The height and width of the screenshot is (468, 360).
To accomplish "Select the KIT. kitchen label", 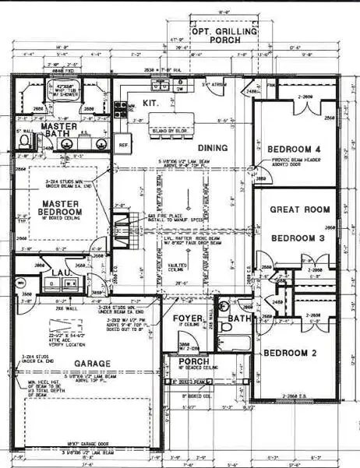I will tap(150, 103).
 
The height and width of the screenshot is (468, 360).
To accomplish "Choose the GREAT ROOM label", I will tap(300, 209).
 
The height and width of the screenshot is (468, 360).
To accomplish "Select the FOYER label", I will tap(187, 318).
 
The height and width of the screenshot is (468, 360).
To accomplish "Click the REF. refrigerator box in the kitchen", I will tap(123, 144).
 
